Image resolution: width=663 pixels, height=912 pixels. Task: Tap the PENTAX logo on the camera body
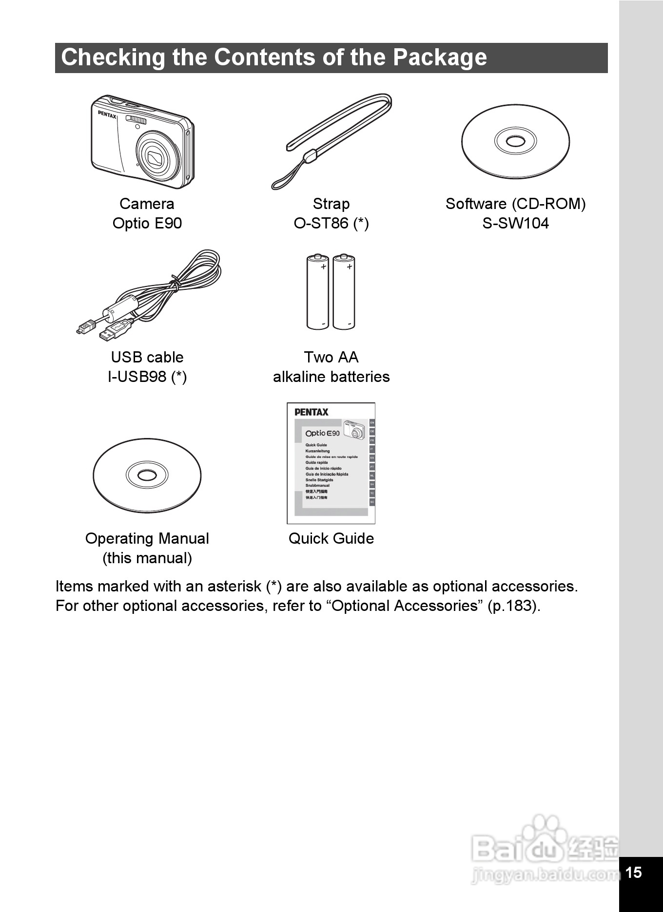pyautogui.click(x=107, y=114)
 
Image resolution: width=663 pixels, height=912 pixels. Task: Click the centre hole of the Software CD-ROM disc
pyautogui.click(x=515, y=142)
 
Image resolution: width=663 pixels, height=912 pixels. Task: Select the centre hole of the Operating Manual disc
pyautogui.click(x=147, y=475)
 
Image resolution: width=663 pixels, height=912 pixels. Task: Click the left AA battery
pyautogui.click(x=317, y=292)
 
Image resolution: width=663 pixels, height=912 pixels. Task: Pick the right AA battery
pyautogui.click(x=344, y=292)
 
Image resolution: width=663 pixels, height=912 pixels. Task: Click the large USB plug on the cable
pyautogui.click(x=115, y=330)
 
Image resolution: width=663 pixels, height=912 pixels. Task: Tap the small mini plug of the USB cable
pyautogui.click(x=86, y=326)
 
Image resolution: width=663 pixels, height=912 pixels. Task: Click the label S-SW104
pyautogui.click(x=515, y=224)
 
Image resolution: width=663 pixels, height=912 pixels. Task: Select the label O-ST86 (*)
pyautogui.click(x=331, y=224)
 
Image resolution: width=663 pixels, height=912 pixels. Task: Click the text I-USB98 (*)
pyautogui.click(x=147, y=377)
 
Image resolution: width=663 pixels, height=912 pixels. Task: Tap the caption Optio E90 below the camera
pyautogui.click(x=147, y=224)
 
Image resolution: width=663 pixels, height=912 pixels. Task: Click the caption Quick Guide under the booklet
pyautogui.click(x=331, y=538)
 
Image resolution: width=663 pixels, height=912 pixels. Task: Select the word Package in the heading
pyautogui.click(x=440, y=58)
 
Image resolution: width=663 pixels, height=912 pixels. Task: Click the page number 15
pyautogui.click(x=633, y=873)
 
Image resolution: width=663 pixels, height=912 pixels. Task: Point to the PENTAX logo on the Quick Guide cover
pyautogui.click(x=312, y=412)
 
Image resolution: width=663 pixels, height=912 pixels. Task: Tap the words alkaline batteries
pyautogui.click(x=331, y=377)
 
